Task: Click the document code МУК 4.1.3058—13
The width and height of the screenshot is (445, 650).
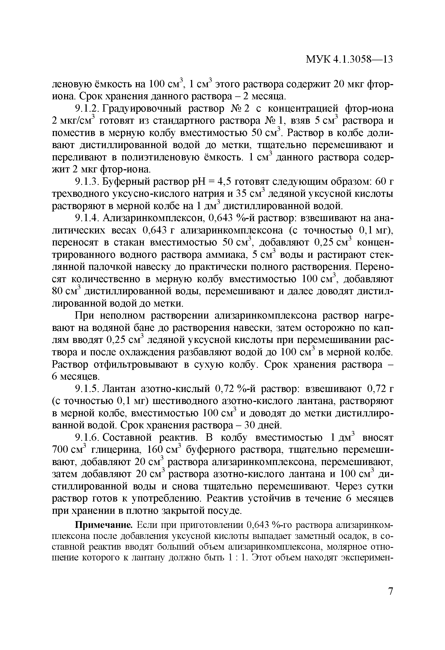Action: (x=349, y=59)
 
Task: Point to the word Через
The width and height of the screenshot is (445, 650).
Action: (x=351, y=486)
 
